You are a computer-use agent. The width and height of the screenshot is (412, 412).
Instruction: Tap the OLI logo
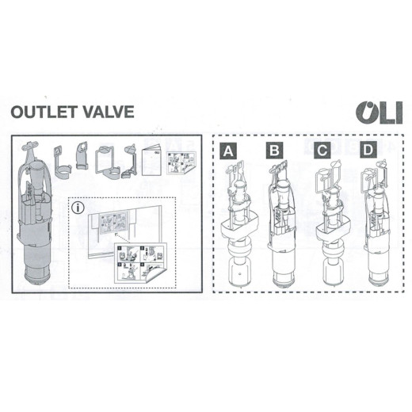click(x=380, y=113)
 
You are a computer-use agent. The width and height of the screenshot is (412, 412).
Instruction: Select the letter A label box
click(x=228, y=151)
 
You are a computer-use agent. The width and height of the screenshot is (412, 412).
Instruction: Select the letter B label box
click(x=275, y=151)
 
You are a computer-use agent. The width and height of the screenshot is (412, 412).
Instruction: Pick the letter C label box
click(x=322, y=151)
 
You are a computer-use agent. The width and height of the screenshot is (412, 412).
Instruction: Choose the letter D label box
click(x=368, y=150)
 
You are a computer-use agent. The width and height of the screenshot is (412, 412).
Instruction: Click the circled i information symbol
click(x=78, y=208)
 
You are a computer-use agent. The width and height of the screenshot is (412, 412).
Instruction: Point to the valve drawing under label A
click(x=238, y=224)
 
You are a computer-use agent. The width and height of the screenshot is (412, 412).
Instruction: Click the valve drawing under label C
click(x=334, y=224)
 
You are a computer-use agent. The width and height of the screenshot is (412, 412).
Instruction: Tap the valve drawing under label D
click(x=377, y=224)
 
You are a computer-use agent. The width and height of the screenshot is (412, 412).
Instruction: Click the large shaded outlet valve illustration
click(x=34, y=213)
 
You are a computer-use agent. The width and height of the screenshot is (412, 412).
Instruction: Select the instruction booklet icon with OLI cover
click(x=151, y=161)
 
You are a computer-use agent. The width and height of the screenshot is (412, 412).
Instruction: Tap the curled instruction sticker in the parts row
click(x=181, y=163)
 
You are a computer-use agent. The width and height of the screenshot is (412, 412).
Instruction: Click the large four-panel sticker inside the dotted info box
click(x=140, y=263)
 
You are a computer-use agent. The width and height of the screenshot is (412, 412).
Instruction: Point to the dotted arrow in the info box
click(x=123, y=238)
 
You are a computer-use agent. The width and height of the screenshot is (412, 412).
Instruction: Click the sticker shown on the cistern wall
click(x=113, y=223)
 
